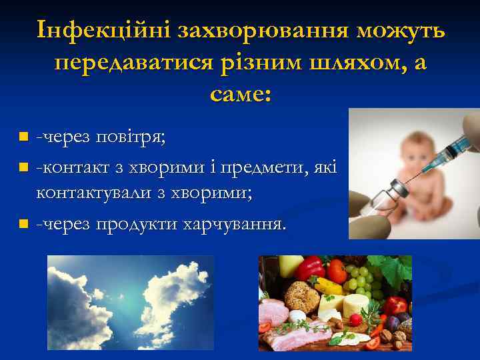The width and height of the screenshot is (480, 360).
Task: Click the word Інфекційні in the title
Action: [95, 31]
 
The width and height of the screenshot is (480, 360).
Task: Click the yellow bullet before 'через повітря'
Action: [23, 137]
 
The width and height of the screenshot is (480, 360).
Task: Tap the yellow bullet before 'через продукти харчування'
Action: [23, 223]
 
